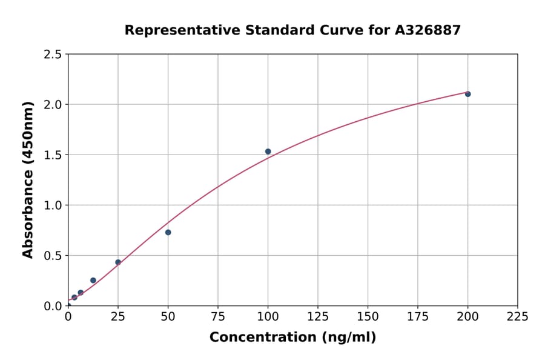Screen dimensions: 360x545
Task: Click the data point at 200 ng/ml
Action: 467,94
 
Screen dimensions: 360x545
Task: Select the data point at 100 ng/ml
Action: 268,152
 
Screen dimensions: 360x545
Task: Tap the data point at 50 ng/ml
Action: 168,232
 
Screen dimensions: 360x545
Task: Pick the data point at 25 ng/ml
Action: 118,262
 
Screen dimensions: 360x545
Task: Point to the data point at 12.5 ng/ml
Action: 93,280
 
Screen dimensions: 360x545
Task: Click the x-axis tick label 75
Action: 218,316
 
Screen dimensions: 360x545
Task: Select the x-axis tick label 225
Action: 517,316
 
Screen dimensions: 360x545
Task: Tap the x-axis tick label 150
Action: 368,316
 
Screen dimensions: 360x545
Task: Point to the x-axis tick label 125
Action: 317,316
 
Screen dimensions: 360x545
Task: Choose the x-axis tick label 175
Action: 417,316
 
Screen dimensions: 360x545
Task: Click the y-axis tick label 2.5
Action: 53,55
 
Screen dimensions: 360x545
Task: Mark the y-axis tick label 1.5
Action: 53,155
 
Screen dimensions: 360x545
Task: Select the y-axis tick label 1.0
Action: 53,205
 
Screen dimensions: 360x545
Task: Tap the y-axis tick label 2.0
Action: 53,105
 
